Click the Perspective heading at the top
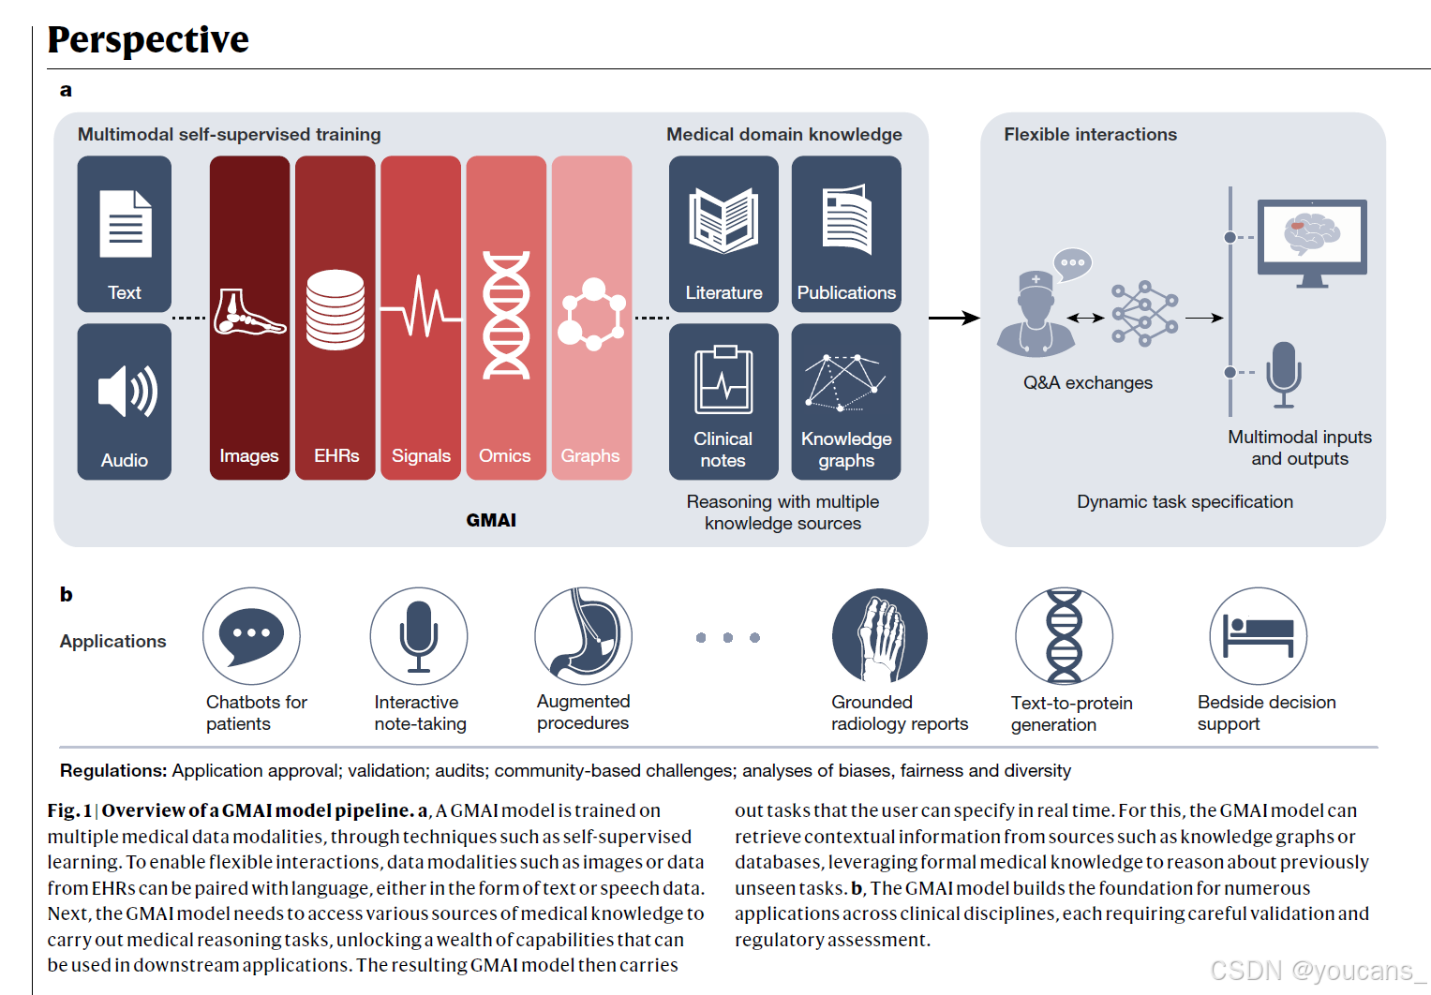click(x=148, y=39)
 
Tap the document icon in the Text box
click(x=126, y=224)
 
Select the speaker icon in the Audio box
click(x=127, y=391)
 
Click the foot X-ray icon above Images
click(x=248, y=313)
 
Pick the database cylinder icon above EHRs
click(x=335, y=310)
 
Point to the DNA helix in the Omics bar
click(x=506, y=315)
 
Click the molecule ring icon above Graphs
click(x=591, y=315)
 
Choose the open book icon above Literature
click(x=723, y=220)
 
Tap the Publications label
click(x=846, y=293)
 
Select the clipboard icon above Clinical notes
click(x=723, y=379)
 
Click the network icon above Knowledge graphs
click(x=845, y=382)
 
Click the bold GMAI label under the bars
click(x=491, y=520)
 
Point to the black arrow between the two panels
click(x=954, y=319)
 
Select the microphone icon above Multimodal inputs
click(x=1283, y=374)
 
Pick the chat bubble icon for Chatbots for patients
click(x=251, y=635)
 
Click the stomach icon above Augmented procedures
click(x=584, y=635)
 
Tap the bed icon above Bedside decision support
click(x=1259, y=636)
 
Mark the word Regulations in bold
click(x=113, y=771)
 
